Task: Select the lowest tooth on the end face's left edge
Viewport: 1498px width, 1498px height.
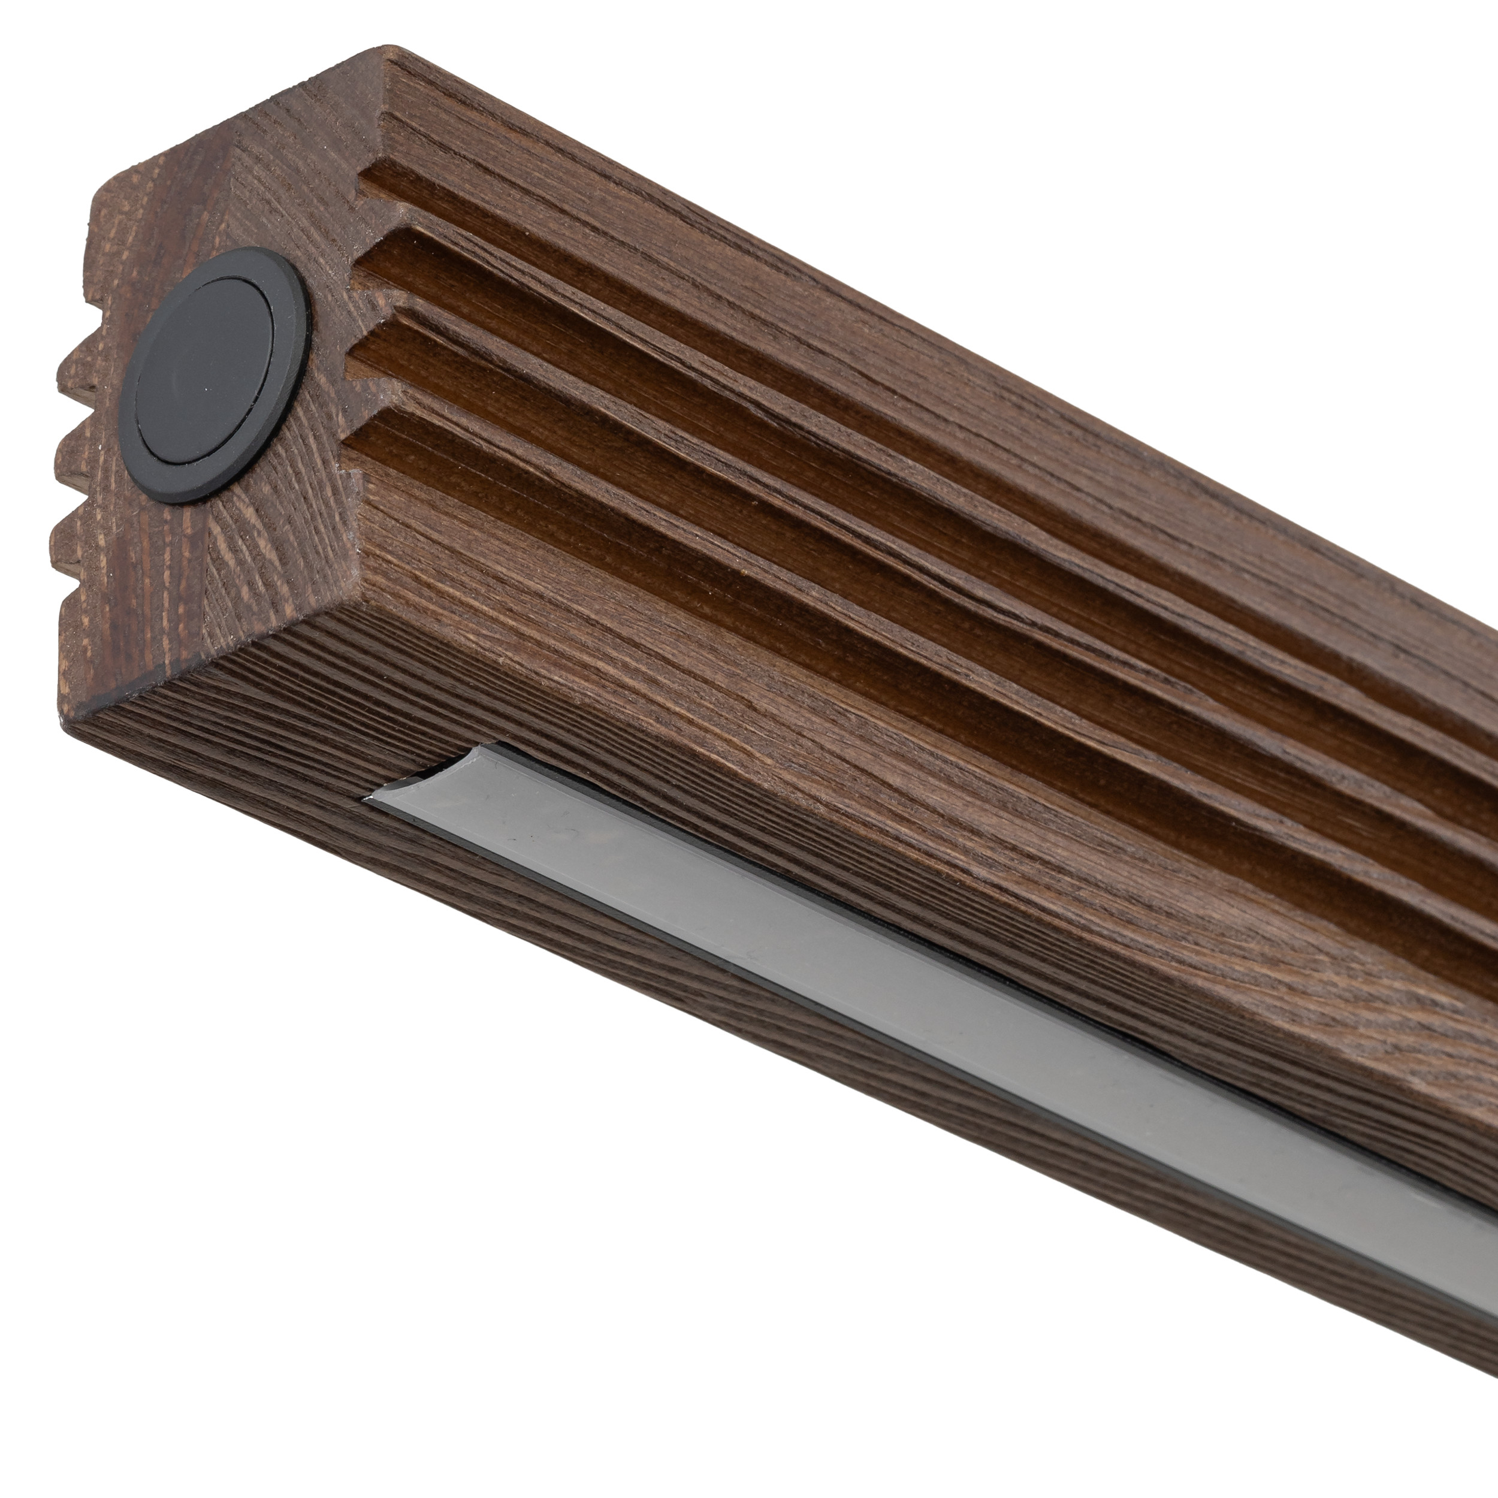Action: click(62, 543)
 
